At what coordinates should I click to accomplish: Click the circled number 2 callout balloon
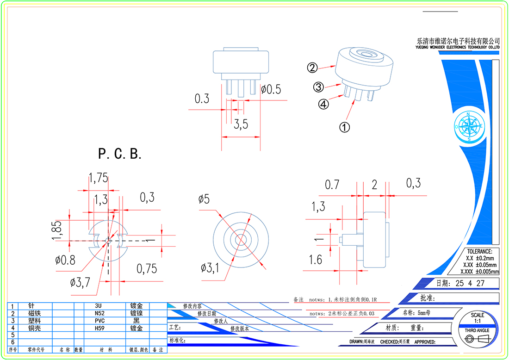(x=312, y=68)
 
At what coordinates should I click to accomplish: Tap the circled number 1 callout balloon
(x=345, y=127)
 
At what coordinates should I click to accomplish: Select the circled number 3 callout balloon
(x=318, y=87)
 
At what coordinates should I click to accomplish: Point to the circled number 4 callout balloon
(x=324, y=105)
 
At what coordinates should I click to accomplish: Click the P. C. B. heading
(x=120, y=154)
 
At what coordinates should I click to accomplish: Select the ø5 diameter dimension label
(x=204, y=199)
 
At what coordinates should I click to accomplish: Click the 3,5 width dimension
(x=241, y=124)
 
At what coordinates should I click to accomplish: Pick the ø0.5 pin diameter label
(x=271, y=89)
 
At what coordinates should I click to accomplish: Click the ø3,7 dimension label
(x=79, y=282)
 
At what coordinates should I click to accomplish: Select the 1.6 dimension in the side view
(x=315, y=260)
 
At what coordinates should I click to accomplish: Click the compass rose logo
(x=469, y=126)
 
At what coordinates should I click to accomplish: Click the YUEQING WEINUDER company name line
(x=458, y=47)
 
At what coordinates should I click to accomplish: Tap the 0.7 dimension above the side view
(x=332, y=185)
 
